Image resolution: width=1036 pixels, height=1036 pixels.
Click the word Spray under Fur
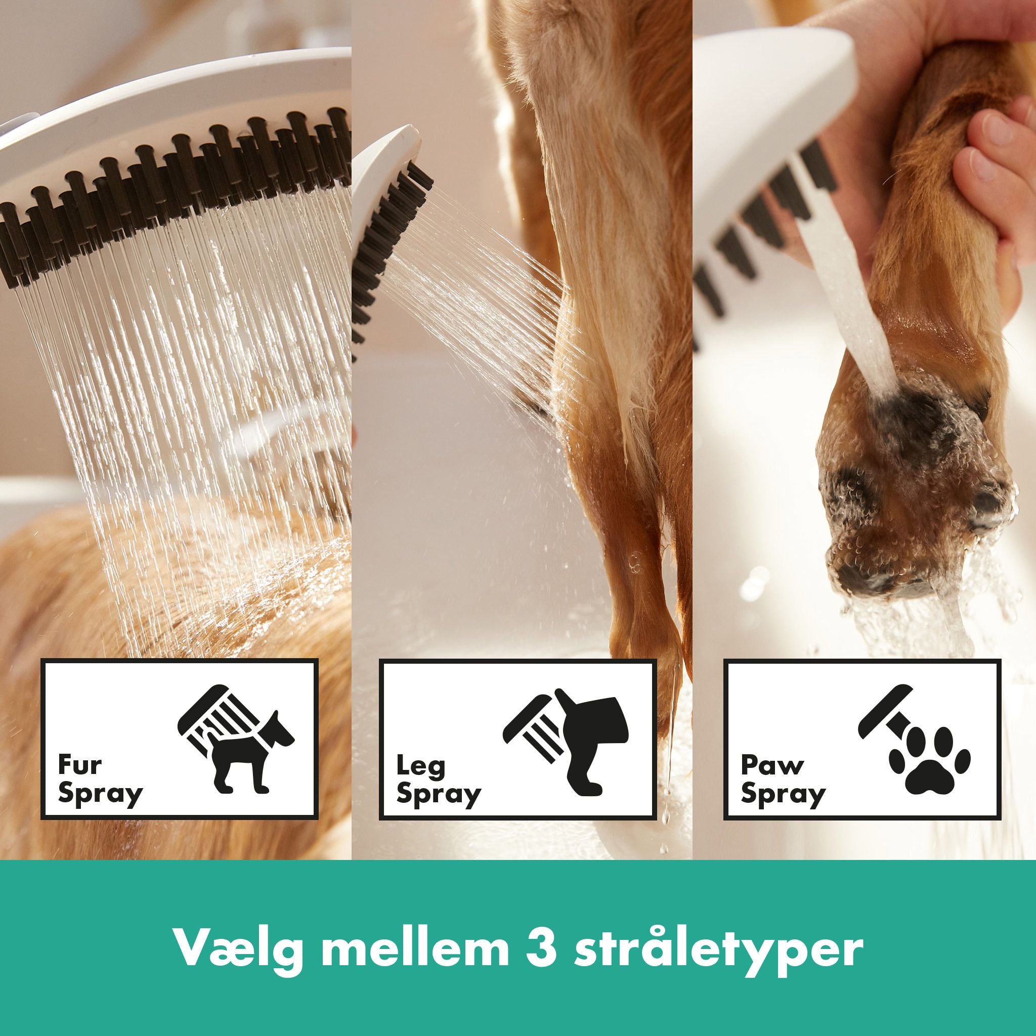click(x=101, y=794)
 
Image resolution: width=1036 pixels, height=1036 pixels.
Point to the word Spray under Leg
click(x=439, y=794)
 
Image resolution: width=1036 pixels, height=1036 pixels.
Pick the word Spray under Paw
click(x=784, y=794)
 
